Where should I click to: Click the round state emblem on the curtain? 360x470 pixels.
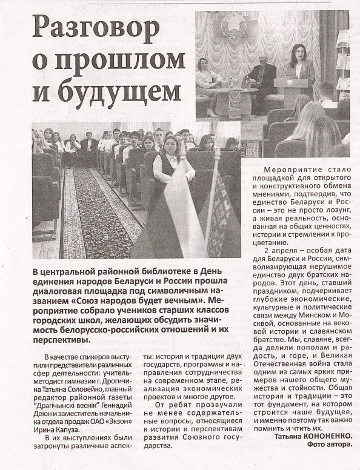233,26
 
